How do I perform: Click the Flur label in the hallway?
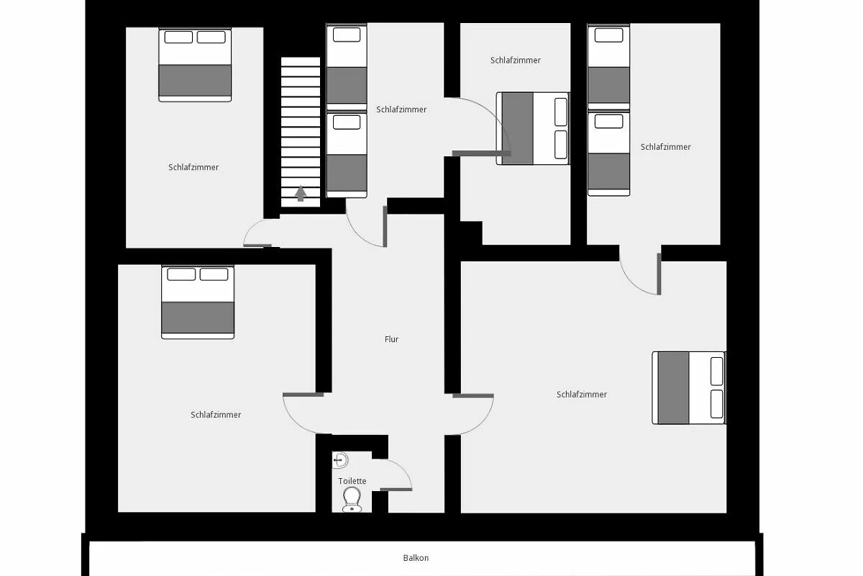click(391, 339)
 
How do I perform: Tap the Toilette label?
click(352, 481)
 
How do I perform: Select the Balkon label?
click(416, 558)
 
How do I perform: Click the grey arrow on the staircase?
click(301, 193)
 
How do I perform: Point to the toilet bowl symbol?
click(352, 500)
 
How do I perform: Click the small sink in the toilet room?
click(340, 460)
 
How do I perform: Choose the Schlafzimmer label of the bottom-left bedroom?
click(216, 415)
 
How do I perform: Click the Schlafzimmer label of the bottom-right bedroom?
click(582, 395)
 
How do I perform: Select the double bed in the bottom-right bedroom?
click(689, 388)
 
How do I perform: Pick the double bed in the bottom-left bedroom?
click(198, 302)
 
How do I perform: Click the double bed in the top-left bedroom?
click(195, 65)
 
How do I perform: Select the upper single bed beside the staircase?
click(347, 67)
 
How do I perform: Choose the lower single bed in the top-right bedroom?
click(608, 154)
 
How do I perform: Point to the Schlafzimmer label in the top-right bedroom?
click(666, 147)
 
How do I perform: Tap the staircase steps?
click(301, 132)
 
